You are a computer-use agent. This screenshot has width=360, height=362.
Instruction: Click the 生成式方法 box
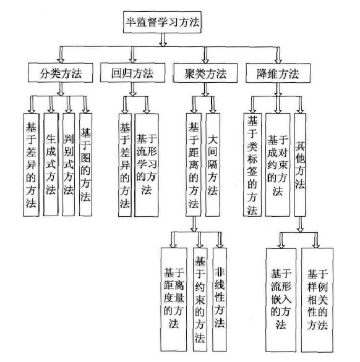click(x=51, y=162)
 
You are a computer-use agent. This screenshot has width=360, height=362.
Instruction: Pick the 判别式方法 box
click(x=69, y=162)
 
